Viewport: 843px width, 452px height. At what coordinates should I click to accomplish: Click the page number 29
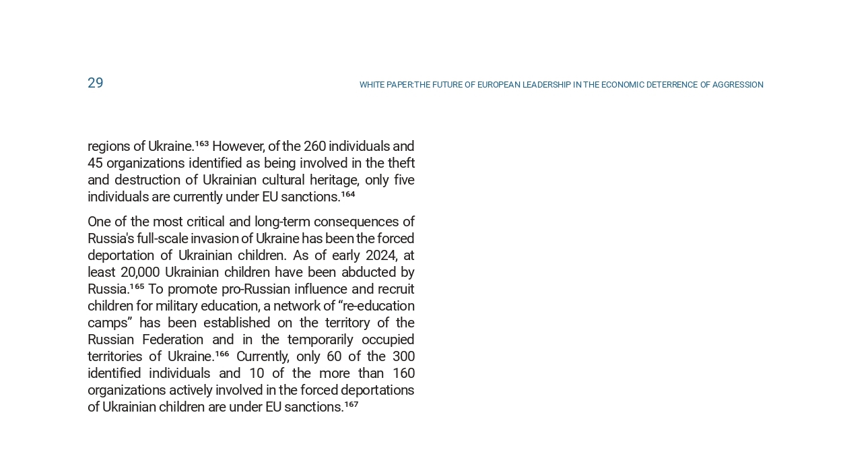[95, 83]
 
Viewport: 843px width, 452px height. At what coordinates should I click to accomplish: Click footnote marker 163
[201, 143]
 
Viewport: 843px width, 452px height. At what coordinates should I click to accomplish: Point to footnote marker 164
[347, 194]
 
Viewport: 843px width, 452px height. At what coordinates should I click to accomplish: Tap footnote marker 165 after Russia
[137, 286]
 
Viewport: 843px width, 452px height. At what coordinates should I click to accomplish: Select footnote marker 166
[222, 354]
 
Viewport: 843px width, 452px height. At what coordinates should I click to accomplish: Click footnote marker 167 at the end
[351, 404]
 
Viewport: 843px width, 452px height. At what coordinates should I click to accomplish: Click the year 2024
[381, 255]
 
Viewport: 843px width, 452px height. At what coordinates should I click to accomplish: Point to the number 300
[403, 356]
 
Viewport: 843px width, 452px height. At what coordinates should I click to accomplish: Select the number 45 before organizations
[95, 163]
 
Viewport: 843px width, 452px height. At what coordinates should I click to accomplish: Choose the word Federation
[172, 340]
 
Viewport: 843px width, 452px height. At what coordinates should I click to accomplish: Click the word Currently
[263, 356]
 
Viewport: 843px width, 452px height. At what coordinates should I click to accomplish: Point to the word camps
[109, 323]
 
